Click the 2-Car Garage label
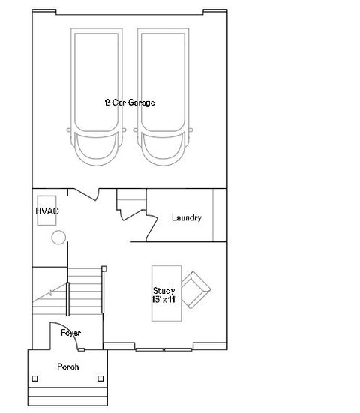coord(130,103)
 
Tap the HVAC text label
coord(47,211)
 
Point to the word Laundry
coord(186,218)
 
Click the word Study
coord(163,290)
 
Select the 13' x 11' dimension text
coord(164,299)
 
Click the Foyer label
coord(71,332)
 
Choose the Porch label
coord(69,367)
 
